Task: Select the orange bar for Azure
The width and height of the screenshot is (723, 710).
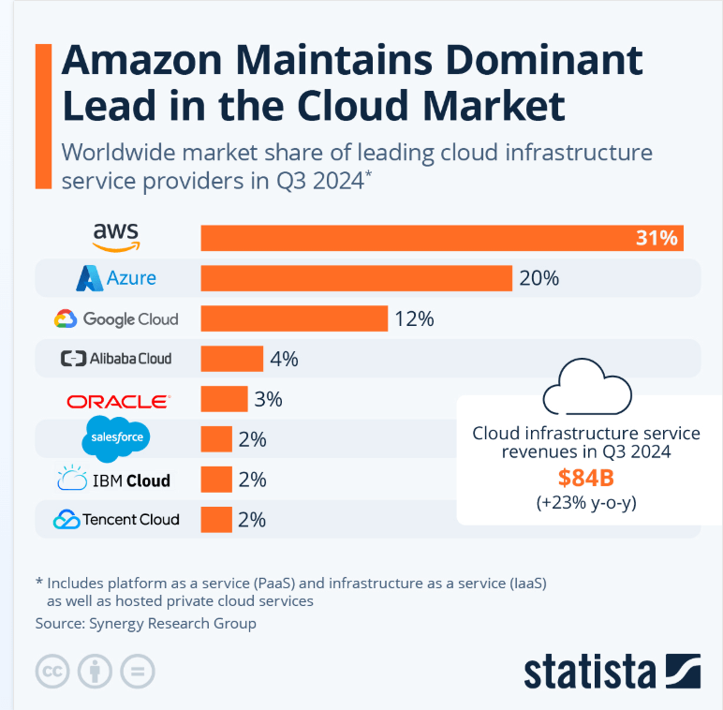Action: tap(356, 278)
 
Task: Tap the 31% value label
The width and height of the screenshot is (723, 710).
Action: tap(656, 238)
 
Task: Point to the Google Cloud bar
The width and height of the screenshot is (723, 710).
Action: tap(294, 318)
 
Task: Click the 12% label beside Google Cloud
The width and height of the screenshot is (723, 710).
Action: tap(414, 318)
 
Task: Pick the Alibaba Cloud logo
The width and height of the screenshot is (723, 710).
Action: tap(116, 358)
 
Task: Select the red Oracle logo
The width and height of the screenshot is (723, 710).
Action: tap(118, 401)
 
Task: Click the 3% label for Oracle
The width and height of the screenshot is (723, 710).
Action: tap(268, 399)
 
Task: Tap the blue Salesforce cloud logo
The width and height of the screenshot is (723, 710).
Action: tap(115, 438)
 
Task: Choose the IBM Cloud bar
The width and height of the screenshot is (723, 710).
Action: tap(216, 480)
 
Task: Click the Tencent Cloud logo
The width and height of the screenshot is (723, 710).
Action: tap(116, 519)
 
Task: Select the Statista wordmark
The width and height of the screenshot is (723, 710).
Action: tap(590, 672)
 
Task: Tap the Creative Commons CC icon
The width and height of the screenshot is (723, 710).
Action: tap(54, 671)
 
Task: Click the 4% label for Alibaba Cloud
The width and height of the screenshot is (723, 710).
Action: tap(283, 359)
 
